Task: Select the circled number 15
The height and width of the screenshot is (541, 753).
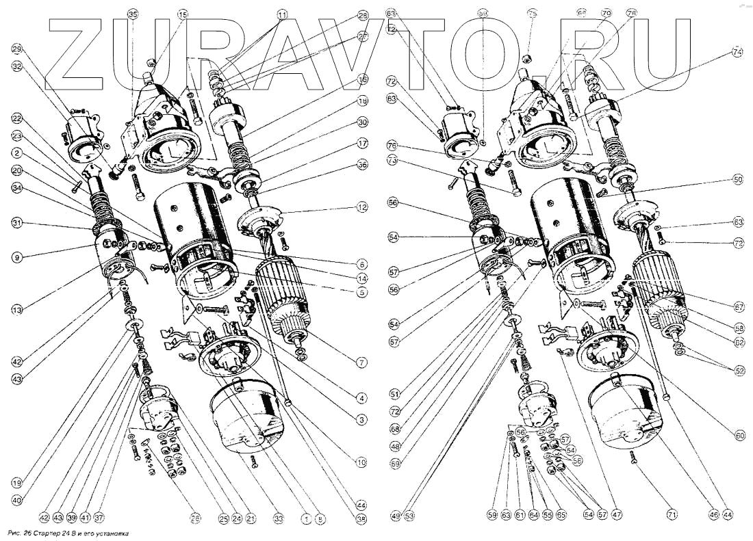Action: tap(182, 14)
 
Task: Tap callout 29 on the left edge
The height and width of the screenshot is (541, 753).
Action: tap(17, 49)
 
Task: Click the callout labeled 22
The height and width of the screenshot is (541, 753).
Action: tap(17, 117)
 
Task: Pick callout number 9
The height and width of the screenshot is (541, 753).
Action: tap(17, 257)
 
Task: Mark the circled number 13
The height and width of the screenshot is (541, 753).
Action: tap(17, 310)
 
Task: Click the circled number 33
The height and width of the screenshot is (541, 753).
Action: tap(278, 518)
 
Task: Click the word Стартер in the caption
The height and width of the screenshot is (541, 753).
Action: tap(49, 532)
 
